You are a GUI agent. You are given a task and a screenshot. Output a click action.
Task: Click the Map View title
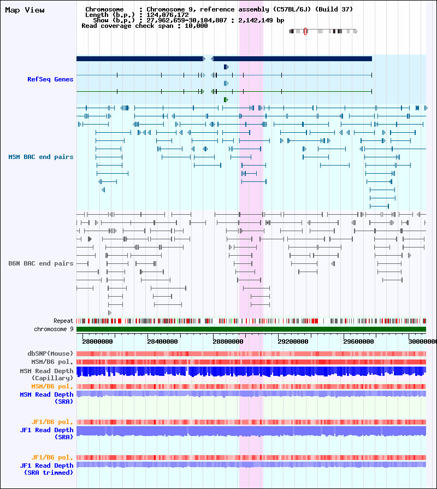coord(25,10)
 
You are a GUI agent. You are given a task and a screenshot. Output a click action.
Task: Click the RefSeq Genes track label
coord(50,79)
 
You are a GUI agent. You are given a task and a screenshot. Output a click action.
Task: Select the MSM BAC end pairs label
coord(41,157)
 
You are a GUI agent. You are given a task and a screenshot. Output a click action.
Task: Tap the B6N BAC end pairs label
coord(41,263)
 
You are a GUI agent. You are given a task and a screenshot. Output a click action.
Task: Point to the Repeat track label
coord(63,321)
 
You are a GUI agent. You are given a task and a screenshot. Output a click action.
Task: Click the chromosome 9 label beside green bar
coord(54,329)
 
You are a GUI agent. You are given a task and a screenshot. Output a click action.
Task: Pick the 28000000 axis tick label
coord(97,341)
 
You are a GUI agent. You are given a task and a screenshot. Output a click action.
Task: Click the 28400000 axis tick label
coord(162,341)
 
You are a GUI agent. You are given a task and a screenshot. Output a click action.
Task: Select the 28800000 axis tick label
coord(228,341)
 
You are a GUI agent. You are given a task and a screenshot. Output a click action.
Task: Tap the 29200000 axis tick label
coord(293,341)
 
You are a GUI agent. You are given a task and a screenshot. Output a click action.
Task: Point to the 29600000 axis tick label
coord(358,341)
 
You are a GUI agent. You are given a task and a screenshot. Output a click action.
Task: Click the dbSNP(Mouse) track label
coord(50,354)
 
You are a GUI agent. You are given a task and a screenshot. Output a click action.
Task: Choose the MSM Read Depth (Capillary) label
coord(46,375)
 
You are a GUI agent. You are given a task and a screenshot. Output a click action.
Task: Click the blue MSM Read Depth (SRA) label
coord(46,398)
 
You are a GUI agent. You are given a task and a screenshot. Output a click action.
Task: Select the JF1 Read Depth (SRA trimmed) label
coord(46,469)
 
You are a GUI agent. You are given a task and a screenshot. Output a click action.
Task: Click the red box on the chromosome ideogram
coord(305,31)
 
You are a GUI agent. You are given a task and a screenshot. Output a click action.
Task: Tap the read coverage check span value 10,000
coord(196,26)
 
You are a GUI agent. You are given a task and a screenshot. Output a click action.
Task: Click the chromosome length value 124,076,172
coord(168,15)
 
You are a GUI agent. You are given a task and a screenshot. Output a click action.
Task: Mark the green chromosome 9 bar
coord(251,329)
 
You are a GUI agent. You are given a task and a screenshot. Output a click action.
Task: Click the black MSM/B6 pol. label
coord(52,362)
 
